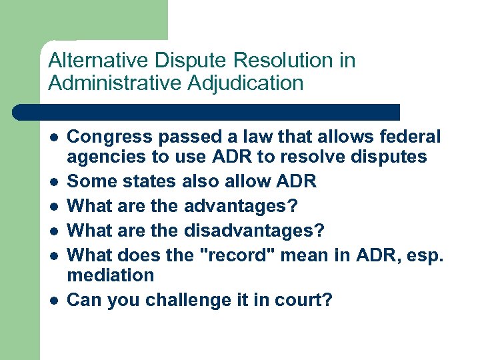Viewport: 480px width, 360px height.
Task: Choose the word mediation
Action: (x=111, y=275)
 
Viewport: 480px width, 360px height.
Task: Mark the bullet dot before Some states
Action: (x=53, y=182)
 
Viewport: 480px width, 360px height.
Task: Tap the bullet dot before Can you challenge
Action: (x=53, y=301)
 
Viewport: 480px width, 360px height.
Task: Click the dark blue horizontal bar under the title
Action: (x=207, y=112)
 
